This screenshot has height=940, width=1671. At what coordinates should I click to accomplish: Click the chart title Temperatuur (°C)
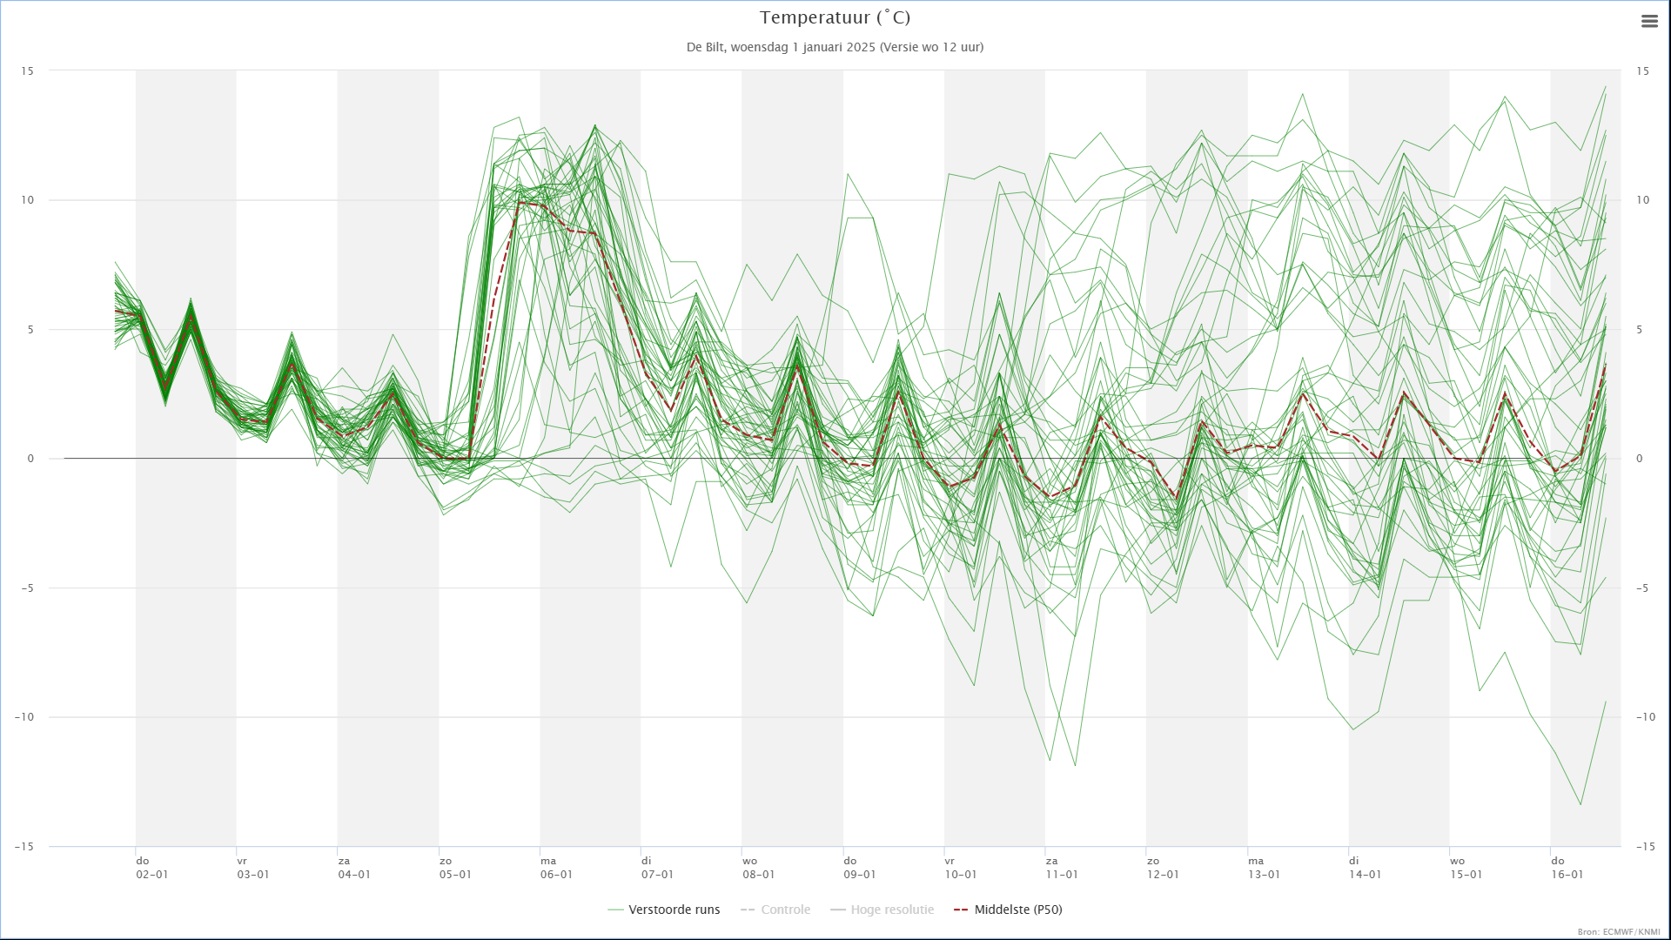[x=835, y=17]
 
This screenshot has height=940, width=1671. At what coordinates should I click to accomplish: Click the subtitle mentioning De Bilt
[x=835, y=47]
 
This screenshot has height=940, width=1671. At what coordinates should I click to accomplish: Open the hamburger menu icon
[x=1649, y=22]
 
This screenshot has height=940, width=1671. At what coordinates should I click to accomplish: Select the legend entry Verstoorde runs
[x=664, y=910]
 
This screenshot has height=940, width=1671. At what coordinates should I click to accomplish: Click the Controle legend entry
[x=775, y=910]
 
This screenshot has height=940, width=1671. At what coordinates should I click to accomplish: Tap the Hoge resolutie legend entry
[x=882, y=910]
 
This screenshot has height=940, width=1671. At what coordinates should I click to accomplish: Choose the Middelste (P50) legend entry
[x=1008, y=910]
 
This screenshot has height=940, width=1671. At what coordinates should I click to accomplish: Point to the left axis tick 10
[x=28, y=200]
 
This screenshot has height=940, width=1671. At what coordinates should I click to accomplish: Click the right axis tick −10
[x=1645, y=717]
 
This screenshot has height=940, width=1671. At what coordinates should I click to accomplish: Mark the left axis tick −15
[x=24, y=847]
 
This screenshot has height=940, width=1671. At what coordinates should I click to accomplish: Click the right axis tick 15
[x=1642, y=71]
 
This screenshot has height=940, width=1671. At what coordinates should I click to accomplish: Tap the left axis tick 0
[x=31, y=459]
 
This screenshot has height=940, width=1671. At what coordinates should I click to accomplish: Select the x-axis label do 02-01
[x=152, y=868]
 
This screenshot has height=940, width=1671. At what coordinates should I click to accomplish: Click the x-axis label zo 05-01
[x=455, y=868]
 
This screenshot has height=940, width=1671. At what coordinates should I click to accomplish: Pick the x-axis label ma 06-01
[x=556, y=868]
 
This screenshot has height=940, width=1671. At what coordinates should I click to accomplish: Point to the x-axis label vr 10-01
[x=961, y=868]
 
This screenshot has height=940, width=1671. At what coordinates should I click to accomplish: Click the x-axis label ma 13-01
[x=1264, y=868]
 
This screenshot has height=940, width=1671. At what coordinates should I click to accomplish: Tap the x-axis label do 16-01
[x=1567, y=868]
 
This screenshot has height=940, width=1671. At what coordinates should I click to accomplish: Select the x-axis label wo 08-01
[x=758, y=868]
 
